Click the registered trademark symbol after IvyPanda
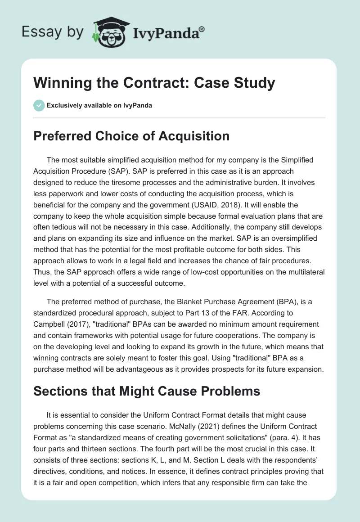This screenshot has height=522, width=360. [x=202, y=29]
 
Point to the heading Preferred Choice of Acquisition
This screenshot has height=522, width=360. [x=131, y=135]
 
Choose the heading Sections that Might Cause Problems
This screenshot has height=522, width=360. [x=147, y=391]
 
